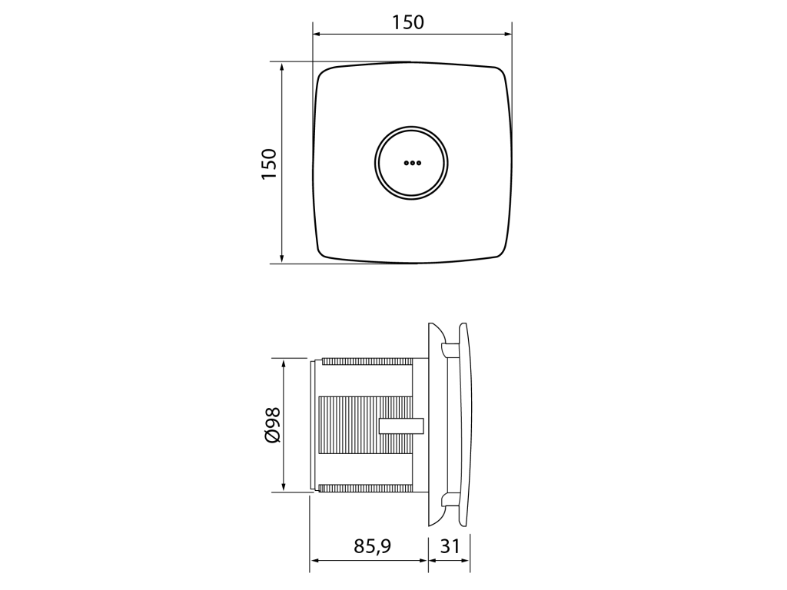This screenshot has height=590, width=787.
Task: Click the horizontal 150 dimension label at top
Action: point(407,22)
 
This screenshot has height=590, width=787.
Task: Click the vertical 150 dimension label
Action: point(269,164)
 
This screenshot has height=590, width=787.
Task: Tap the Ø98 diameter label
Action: point(273,425)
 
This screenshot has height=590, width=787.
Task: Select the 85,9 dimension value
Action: point(373,546)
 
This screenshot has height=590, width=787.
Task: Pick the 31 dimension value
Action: point(449,546)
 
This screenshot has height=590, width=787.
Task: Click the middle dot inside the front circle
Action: point(412,163)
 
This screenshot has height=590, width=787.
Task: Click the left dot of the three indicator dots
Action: point(406,163)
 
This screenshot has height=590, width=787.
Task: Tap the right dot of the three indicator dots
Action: point(418,163)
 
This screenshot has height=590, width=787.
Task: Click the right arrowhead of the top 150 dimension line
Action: point(507,34)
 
